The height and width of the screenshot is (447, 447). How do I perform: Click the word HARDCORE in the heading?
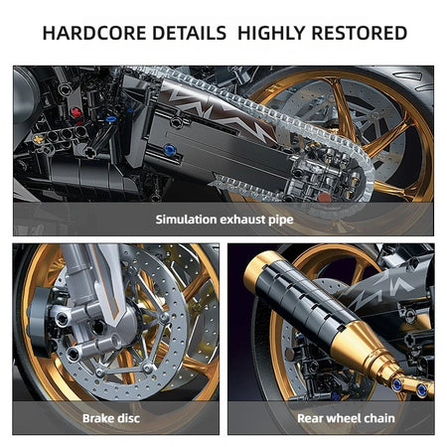(x=94, y=33)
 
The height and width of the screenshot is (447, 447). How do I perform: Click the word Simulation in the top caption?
(x=189, y=219)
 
